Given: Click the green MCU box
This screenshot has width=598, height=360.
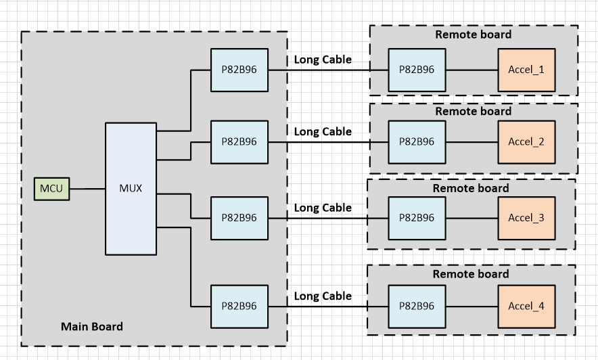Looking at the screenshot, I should tap(52, 188).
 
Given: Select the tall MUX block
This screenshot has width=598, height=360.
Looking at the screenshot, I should tap(131, 188).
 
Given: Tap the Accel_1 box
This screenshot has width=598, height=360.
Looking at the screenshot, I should tap(526, 70).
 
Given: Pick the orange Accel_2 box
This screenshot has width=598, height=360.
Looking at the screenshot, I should tap(526, 142).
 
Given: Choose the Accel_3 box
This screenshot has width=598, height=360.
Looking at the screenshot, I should tap(526, 218).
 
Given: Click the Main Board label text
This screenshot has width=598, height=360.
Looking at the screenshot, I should tap(92, 327).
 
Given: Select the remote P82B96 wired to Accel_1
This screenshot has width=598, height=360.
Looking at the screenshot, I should tap(417, 70).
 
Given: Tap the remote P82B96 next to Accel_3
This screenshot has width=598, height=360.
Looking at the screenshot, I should tap(417, 218).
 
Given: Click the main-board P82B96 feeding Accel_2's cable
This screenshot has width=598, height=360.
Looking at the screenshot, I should tap(239, 142).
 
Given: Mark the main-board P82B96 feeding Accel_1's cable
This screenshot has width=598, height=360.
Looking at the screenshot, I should tap(239, 70).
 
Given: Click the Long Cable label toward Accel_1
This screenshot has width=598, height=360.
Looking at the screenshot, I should tap(323, 60).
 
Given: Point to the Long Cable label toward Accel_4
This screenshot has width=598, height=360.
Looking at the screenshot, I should tap(323, 296).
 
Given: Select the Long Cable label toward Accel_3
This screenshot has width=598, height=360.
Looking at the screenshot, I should tap(323, 208).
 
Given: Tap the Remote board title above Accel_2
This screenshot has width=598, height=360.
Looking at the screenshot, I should tap(473, 111).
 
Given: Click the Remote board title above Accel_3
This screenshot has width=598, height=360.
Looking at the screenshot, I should tap(471, 188).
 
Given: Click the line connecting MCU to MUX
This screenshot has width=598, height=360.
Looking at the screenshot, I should tap(87, 188).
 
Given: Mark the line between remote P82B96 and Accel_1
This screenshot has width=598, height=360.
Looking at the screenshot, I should tap(471, 70).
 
